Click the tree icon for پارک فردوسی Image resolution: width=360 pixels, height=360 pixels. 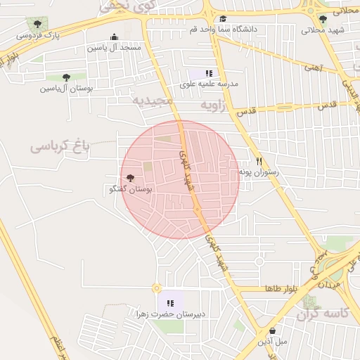(32, 23)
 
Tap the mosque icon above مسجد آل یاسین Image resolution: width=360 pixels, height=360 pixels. (115, 38)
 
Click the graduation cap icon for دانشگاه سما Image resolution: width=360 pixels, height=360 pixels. (223, 19)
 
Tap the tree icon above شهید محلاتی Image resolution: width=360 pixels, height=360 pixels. (323, 19)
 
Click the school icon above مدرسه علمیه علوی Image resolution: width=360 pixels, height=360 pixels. (208, 73)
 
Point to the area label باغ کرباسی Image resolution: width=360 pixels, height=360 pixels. (60, 146)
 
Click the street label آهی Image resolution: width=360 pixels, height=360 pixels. (311, 67)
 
